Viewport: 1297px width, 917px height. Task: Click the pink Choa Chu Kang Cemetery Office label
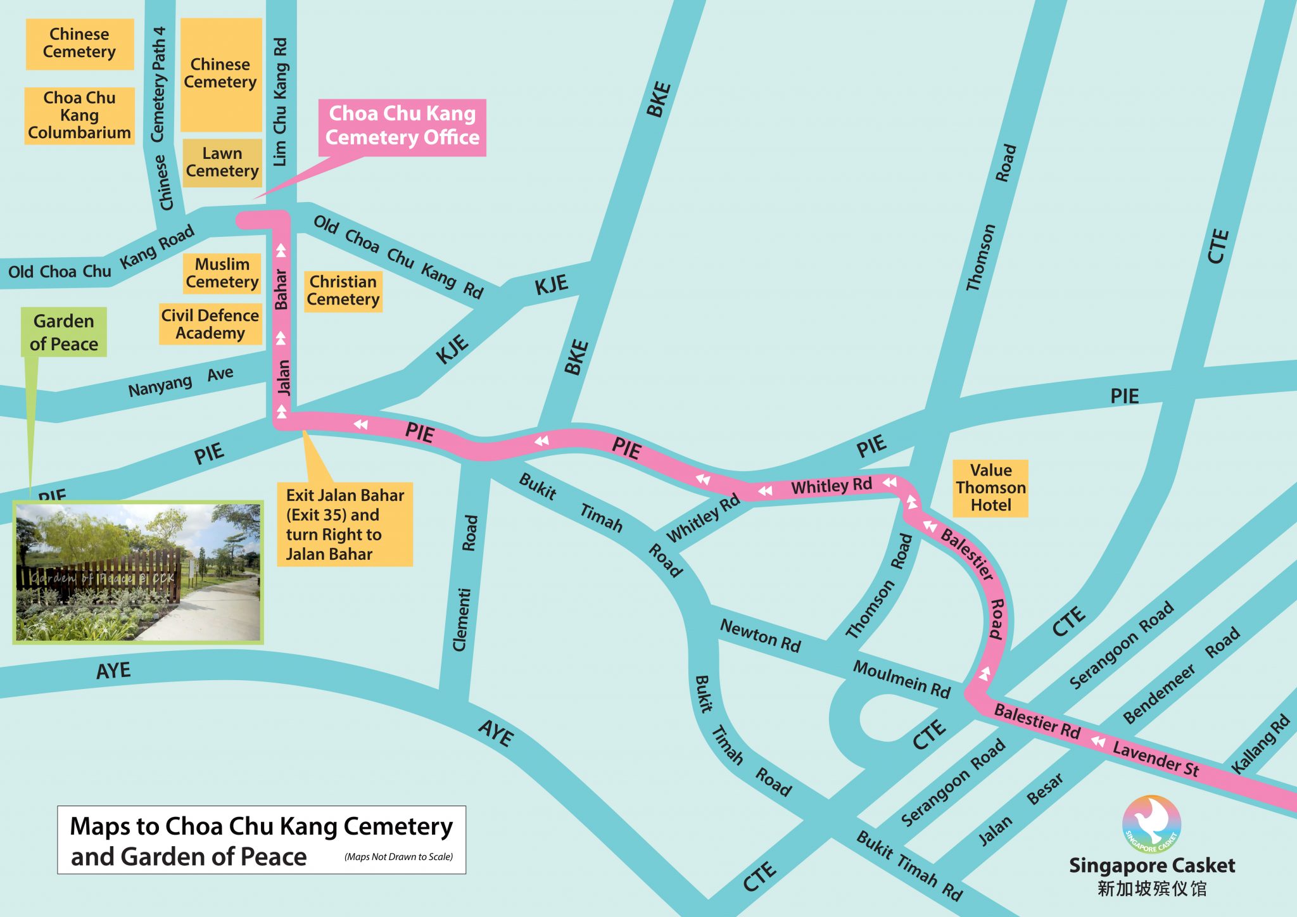[x=402, y=127]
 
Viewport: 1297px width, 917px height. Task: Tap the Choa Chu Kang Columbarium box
[x=79, y=115]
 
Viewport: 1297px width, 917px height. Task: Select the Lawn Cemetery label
[x=222, y=162]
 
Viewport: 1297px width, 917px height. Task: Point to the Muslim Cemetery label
[x=222, y=273]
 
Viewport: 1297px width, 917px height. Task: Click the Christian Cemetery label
[x=343, y=291]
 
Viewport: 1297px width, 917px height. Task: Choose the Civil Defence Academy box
[x=210, y=324]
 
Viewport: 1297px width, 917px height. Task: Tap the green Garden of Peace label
[x=64, y=332]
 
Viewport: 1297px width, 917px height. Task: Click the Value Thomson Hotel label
[x=990, y=488]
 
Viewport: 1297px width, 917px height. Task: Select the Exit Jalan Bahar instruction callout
[x=345, y=524]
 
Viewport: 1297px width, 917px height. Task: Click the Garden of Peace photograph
[x=138, y=572]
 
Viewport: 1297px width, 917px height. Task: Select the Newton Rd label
[x=760, y=635]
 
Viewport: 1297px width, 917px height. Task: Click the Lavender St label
[x=1156, y=758]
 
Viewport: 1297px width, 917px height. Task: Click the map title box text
[x=261, y=840]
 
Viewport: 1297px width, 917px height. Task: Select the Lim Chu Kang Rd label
[x=280, y=101]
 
